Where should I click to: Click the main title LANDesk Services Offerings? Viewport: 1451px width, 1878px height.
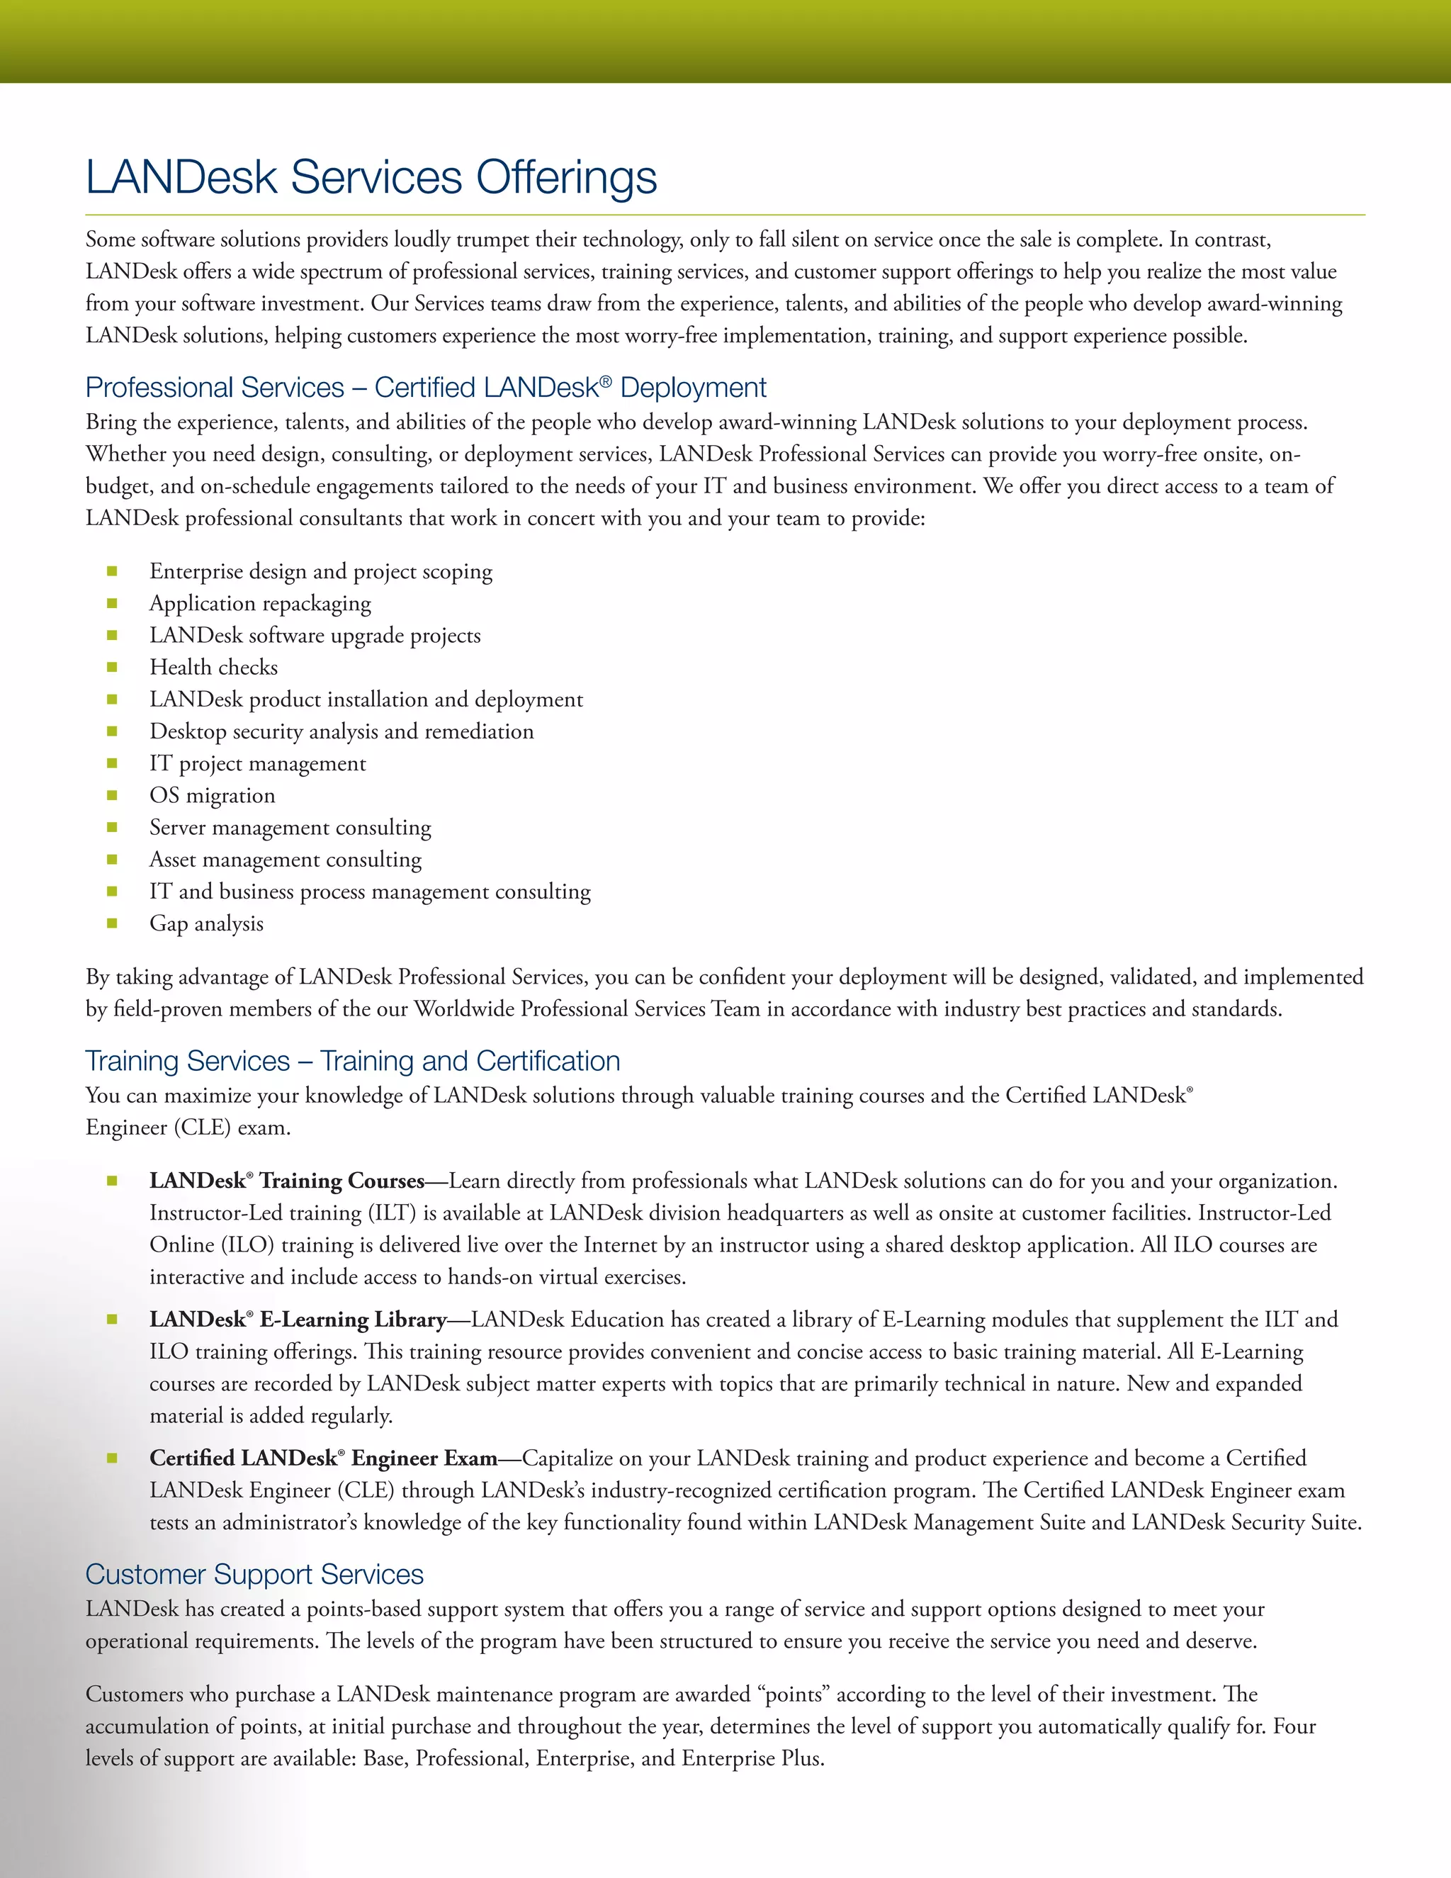[371, 177]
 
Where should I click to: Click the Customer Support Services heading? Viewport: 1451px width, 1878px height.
[254, 1573]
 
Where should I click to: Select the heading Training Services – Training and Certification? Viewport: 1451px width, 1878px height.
[352, 1060]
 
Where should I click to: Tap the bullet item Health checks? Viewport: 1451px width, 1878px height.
[213, 668]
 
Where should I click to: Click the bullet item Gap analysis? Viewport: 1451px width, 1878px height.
[206, 923]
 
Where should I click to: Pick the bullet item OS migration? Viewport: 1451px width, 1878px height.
[213, 795]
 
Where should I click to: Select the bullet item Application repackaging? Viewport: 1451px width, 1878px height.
[259, 604]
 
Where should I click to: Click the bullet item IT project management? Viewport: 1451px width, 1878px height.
[257, 763]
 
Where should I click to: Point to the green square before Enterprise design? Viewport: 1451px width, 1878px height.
[112, 571]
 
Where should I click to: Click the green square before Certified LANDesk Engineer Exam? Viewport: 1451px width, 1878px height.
[112, 1458]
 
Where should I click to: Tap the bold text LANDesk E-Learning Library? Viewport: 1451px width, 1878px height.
[298, 1319]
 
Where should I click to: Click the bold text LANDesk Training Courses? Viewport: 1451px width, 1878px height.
[286, 1181]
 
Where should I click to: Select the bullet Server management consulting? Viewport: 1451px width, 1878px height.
[290, 827]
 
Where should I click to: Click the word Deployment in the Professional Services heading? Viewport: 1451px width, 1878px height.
[693, 388]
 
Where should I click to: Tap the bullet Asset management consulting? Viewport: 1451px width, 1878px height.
[286, 860]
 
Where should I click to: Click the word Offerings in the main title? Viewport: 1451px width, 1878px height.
[567, 177]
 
